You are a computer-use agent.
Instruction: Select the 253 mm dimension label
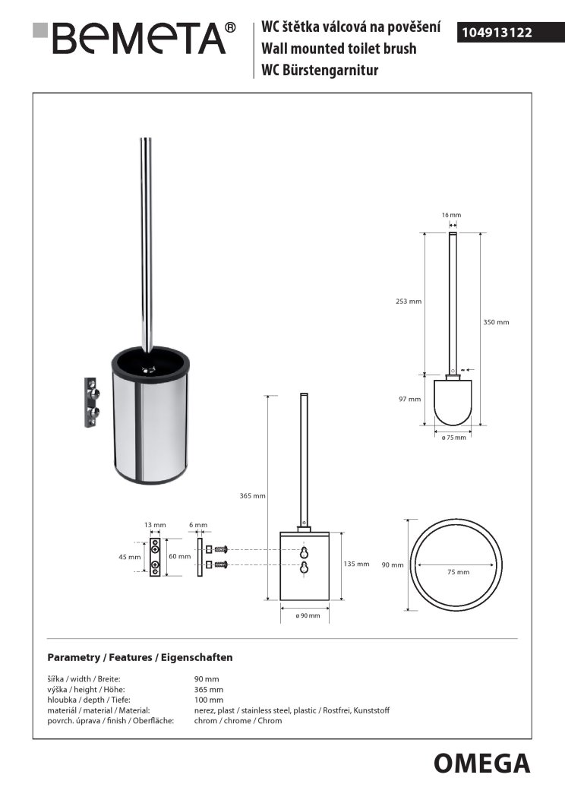pos(409,302)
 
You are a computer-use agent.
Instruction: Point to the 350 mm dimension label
pos(496,322)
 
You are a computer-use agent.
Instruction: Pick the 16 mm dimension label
pos(451,216)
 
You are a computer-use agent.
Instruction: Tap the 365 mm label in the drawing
pos(253,495)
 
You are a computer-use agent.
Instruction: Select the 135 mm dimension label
pos(357,564)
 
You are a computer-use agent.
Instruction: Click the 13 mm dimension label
pos(155,525)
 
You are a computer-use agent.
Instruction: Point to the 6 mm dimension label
pos(197,525)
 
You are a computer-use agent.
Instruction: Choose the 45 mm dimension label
pos(130,557)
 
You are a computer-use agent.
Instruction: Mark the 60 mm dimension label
pos(179,557)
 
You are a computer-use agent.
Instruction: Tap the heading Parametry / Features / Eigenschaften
pos(140,656)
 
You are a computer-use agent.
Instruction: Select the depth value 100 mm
pos(209,700)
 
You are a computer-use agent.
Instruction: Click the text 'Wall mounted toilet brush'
pos(339,49)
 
